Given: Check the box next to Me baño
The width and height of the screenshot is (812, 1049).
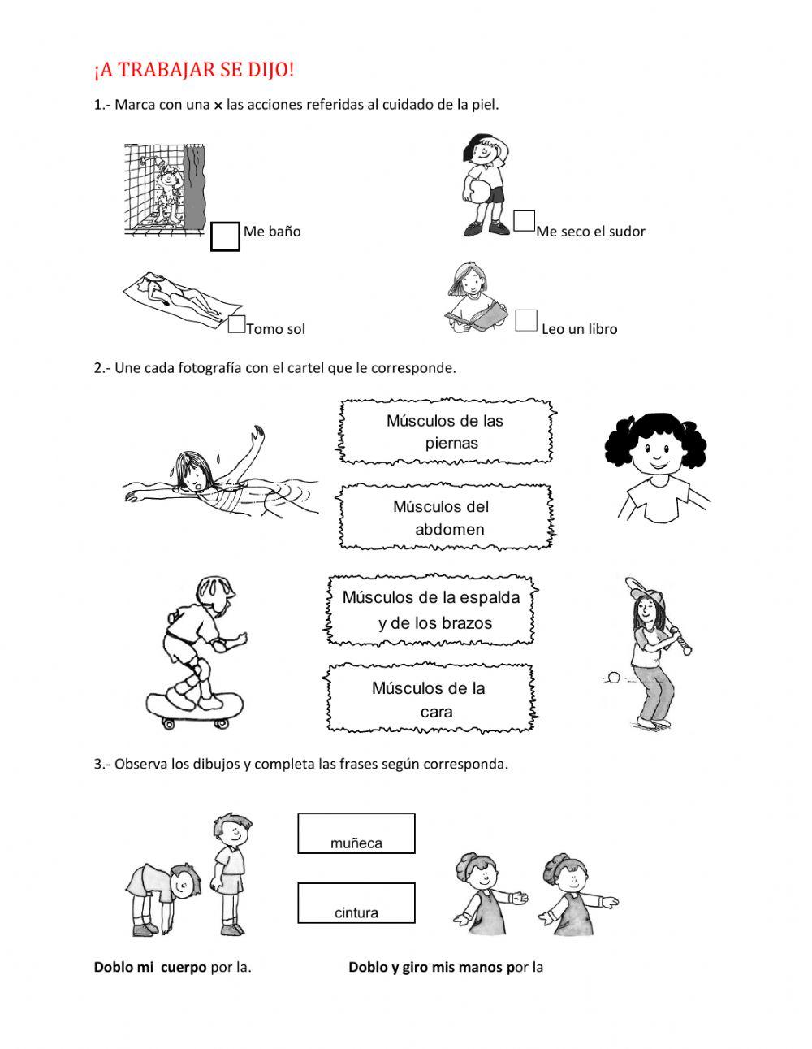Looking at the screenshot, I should point(225,236).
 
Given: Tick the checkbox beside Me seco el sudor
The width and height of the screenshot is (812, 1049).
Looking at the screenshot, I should point(524,220).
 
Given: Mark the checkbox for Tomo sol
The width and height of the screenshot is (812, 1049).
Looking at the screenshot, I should point(236,324).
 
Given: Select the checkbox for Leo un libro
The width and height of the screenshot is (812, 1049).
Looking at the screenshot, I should point(526,320).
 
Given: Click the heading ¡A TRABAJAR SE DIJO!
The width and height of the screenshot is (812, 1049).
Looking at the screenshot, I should point(194,71).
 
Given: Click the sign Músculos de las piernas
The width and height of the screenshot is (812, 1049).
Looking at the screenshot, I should point(447,431).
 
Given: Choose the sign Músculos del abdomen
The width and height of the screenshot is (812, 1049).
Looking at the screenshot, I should point(447,518).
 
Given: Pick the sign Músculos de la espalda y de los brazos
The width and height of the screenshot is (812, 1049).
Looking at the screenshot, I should point(432,610).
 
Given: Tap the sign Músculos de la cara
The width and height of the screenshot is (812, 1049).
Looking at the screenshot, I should point(430,700).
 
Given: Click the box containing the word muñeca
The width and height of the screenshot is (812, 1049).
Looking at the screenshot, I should point(356,834).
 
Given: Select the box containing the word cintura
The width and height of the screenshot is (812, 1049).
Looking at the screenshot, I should point(356,903).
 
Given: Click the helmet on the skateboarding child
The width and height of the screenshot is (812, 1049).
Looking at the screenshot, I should point(218,591).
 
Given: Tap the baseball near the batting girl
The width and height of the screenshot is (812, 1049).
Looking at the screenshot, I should point(615,676).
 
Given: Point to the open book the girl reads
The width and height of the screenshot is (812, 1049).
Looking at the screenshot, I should point(479,316).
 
